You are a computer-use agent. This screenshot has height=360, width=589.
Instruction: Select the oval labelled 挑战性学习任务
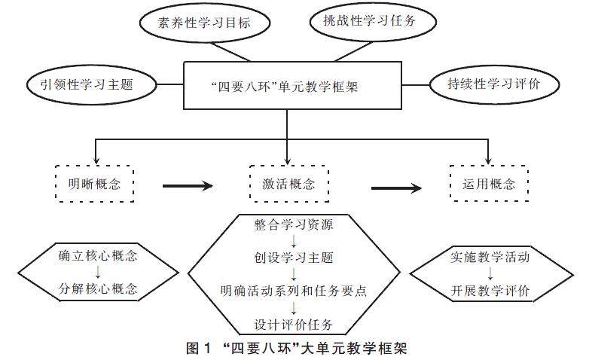(363, 21)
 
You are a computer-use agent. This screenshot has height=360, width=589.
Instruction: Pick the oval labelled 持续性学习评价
(493, 84)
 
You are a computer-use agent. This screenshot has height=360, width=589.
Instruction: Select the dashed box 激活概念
(288, 182)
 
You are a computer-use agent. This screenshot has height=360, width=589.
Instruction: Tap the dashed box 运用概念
(489, 182)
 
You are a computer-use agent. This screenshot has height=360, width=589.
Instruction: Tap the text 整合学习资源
(289, 224)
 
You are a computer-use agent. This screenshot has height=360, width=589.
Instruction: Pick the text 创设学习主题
(289, 258)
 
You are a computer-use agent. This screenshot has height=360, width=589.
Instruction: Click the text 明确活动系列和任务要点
(289, 291)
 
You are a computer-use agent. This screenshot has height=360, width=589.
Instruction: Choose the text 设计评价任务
(289, 325)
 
